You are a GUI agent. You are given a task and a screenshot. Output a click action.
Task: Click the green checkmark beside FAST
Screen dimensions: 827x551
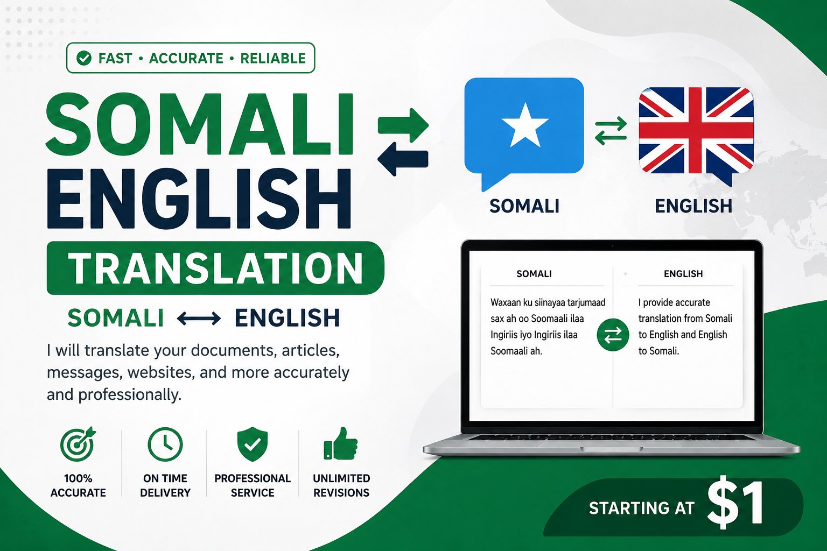pos(84,58)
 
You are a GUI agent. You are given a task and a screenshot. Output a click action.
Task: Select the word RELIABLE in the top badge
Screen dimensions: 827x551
pos(273,58)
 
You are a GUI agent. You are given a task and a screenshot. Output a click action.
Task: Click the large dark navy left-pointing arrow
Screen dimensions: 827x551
pos(403,159)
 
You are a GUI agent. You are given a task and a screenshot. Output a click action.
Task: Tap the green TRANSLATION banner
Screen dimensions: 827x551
pos(215,268)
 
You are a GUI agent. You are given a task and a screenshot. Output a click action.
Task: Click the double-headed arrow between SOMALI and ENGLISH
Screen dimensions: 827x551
pos(199,318)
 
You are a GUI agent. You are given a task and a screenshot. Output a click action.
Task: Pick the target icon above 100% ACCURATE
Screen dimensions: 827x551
pos(78,444)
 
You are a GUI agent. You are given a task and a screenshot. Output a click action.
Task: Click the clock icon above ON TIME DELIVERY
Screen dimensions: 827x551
pos(165,444)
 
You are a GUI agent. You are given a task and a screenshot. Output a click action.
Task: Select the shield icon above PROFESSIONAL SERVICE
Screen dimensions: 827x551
pos(253,444)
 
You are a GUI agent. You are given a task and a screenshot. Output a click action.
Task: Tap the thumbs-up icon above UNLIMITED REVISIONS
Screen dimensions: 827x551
pos(340,443)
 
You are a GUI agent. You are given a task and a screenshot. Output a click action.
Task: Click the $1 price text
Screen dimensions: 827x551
pos(735,505)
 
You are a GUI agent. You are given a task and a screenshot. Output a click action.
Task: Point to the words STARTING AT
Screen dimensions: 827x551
pos(642,508)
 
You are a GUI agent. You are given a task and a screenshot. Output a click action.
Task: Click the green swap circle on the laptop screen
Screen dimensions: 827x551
pos(613,335)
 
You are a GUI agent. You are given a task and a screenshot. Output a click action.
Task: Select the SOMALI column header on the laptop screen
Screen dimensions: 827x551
pos(534,274)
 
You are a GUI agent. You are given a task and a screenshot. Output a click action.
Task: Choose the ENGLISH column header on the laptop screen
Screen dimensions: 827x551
pos(683,274)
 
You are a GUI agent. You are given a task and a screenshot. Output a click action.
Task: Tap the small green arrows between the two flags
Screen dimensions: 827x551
pos(611,131)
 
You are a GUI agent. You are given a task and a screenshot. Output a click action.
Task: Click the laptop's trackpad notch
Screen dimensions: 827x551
pos(612,449)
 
